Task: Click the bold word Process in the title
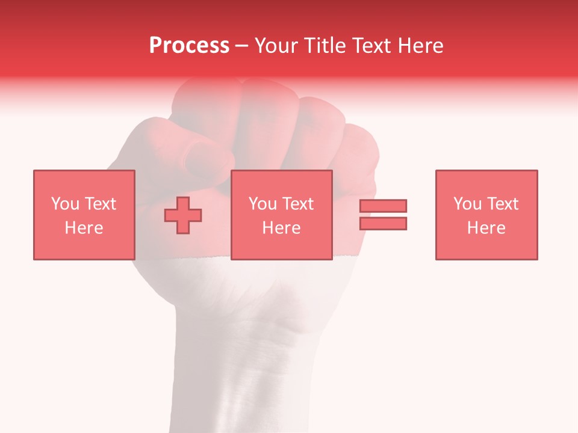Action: point(189,46)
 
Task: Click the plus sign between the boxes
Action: point(183,215)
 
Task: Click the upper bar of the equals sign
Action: point(383,206)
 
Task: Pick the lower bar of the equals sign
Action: point(383,223)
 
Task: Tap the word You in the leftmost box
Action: point(65,204)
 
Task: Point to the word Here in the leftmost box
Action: point(84,228)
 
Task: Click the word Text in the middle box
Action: point(297,204)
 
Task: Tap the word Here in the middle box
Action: point(281,228)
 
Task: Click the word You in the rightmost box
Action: point(467,204)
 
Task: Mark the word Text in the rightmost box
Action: point(502,204)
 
